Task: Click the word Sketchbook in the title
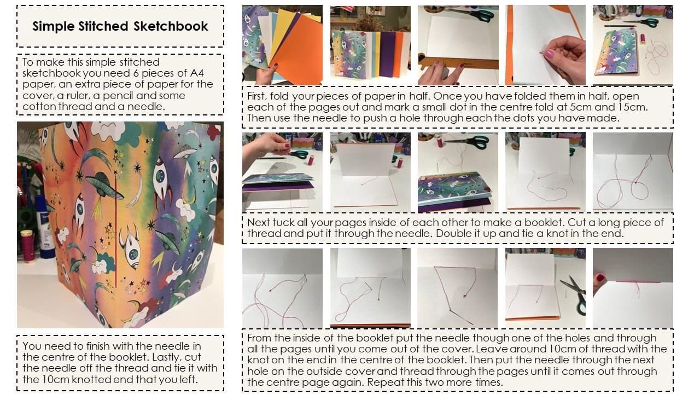pos(171,26)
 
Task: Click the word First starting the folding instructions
pos(256,96)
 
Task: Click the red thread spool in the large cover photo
pos(27,245)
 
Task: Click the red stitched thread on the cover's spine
pos(115,231)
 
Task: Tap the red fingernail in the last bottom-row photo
pos(600,277)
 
